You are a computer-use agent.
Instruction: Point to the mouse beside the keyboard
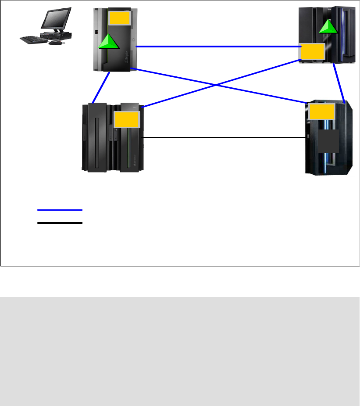pos(55,43)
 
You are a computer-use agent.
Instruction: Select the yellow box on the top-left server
pos(120,18)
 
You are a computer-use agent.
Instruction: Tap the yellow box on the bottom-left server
pos(127,119)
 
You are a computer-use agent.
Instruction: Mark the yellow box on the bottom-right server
pos(322,111)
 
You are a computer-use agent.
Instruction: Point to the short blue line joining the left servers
pos(101,88)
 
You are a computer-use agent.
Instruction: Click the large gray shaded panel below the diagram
pos(180,351)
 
